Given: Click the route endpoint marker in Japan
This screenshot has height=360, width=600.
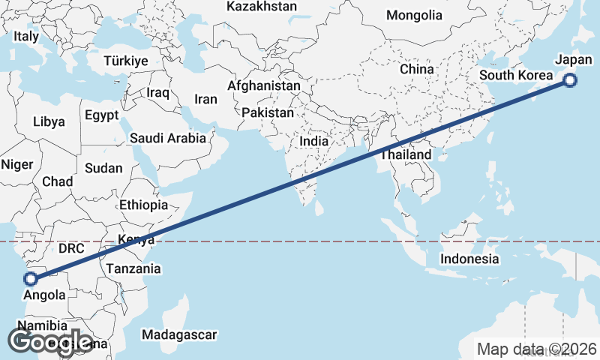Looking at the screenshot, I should click(570, 80).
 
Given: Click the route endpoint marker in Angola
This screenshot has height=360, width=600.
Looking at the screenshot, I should click(31, 279).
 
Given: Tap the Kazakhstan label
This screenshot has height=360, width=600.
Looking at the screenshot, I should click(261, 7).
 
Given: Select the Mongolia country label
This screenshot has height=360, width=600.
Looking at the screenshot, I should click(414, 15).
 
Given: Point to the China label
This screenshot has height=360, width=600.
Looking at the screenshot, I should click(416, 69).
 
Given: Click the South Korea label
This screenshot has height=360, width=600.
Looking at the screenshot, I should click(515, 75).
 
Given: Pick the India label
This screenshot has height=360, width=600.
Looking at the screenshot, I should click(314, 141).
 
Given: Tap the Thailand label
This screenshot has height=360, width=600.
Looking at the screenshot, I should click(406, 155).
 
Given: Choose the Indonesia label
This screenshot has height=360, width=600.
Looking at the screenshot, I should click(469, 259).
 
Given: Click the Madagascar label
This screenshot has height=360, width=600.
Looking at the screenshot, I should click(179, 334).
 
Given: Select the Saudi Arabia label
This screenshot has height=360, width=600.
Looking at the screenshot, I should click(167, 138).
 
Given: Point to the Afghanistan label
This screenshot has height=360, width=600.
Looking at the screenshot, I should click(264, 86).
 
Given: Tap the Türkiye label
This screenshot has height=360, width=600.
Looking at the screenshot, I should click(126, 61).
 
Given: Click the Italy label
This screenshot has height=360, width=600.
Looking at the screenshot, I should click(26, 36).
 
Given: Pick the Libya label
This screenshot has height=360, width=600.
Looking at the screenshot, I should click(49, 121).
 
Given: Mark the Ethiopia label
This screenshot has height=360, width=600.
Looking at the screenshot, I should click(143, 205).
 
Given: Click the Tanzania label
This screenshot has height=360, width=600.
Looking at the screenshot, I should click(133, 268).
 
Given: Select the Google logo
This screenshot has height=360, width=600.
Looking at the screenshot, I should click(50, 341).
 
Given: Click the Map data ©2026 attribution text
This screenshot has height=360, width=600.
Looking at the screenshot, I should click(537, 349).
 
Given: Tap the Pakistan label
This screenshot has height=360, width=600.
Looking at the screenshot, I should click(268, 112).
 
